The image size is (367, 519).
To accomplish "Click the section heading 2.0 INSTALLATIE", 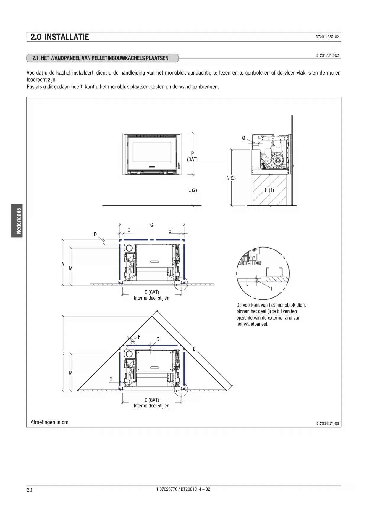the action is pos(59,37).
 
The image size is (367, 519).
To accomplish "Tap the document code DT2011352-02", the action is pos(327,37).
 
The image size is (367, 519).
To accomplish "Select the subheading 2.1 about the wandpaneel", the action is pos(100,58).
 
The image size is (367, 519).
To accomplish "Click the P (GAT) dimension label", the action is pos(192,157).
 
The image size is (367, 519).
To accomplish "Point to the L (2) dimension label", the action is pos(193,190).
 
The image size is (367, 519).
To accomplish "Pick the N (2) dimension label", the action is pos(231,178).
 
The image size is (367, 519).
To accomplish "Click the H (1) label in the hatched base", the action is pos(269,190).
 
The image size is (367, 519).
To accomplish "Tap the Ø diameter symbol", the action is pos(244,138).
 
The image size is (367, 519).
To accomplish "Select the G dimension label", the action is pos(151,225).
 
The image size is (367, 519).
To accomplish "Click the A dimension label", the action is pos(63,264).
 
